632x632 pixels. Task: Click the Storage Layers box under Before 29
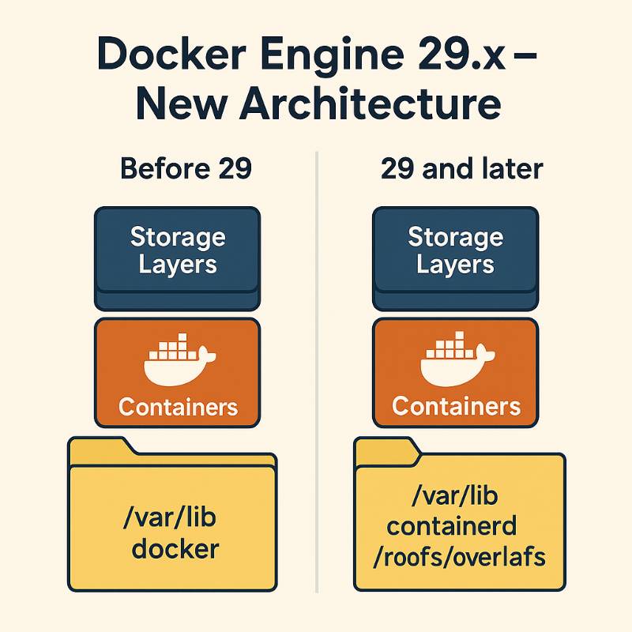(177, 253)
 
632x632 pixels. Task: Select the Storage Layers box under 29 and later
(455, 253)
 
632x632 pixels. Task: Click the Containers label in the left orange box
(178, 407)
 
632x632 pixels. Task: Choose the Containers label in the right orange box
(456, 407)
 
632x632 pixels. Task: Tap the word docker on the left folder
(175, 548)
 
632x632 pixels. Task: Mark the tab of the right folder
(386, 450)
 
